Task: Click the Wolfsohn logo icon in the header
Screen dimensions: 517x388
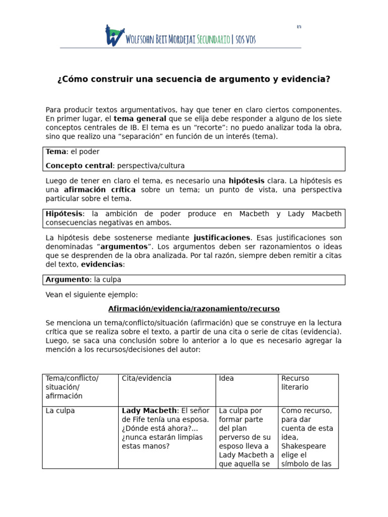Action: point(115,35)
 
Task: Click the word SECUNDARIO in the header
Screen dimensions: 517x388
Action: point(205,40)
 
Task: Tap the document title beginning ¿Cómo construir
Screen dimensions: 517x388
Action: point(194,79)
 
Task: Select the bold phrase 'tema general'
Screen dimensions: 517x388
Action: point(140,119)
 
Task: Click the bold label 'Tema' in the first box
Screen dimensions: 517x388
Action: point(56,152)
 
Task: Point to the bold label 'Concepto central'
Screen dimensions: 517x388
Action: point(78,166)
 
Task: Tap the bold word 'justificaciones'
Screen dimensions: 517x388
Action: point(222,238)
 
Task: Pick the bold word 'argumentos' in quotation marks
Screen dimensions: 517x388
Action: point(124,247)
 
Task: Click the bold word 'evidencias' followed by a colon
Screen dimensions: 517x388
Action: point(102,265)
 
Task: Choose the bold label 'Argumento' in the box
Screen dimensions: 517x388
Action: point(67,280)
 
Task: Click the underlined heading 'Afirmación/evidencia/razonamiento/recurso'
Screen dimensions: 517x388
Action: point(194,309)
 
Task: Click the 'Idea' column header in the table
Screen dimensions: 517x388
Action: point(226,379)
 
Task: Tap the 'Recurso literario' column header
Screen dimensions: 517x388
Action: point(296,383)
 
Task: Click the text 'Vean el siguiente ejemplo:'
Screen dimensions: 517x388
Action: point(91,295)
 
